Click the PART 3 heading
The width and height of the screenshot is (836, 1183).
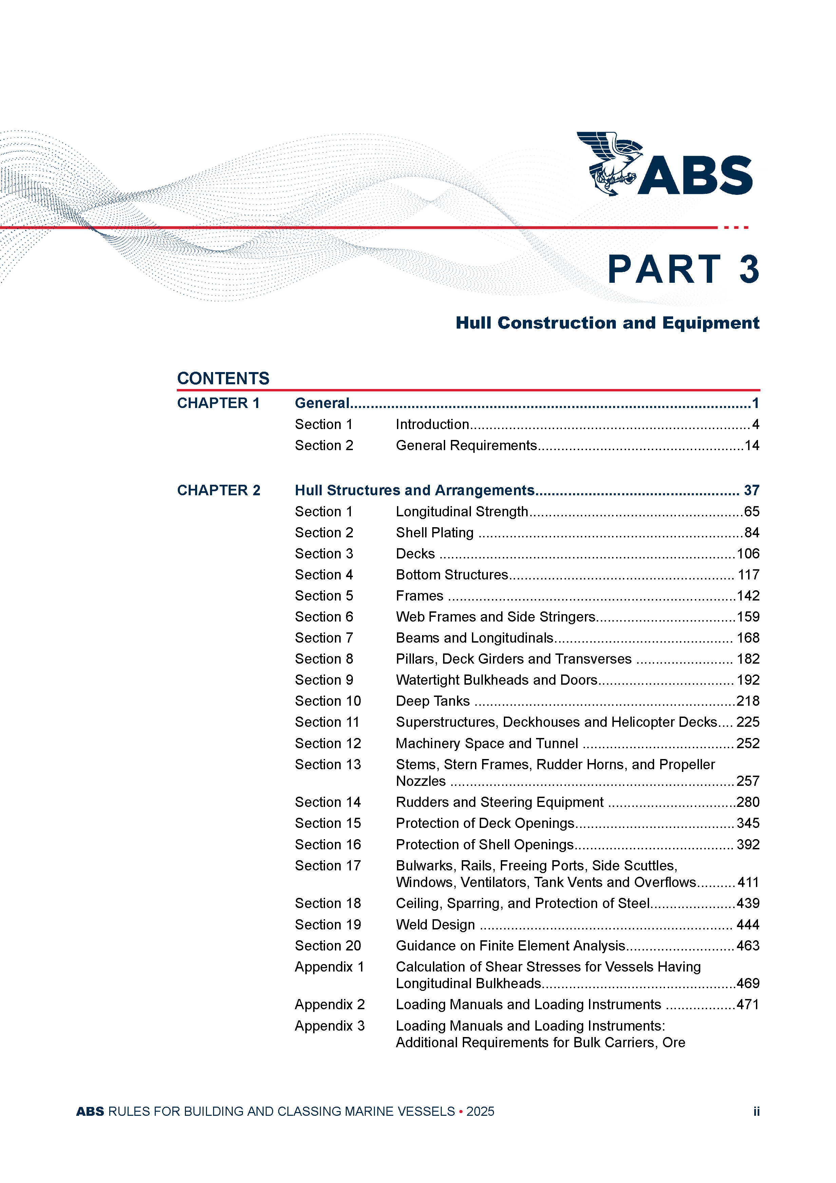coord(683,270)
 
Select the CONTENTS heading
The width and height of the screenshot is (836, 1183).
coord(223,379)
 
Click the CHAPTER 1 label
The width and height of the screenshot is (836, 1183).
coord(218,403)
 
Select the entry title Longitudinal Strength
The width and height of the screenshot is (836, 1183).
coord(461,512)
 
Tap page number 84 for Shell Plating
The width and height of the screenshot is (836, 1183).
coord(752,533)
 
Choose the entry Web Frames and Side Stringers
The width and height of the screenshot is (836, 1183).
coord(495,617)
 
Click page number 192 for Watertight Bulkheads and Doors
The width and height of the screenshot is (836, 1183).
coord(748,680)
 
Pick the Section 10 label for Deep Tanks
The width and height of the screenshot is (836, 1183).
coord(328,701)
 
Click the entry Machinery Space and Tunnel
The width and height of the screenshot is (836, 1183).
coord(487,743)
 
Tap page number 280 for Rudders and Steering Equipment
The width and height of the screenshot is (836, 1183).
coord(748,802)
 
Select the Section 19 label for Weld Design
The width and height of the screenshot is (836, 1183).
coord(328,925)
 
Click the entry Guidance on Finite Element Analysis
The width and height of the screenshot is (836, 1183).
coord(510,946)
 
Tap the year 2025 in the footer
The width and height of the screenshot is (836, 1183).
coord(480,1111)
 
